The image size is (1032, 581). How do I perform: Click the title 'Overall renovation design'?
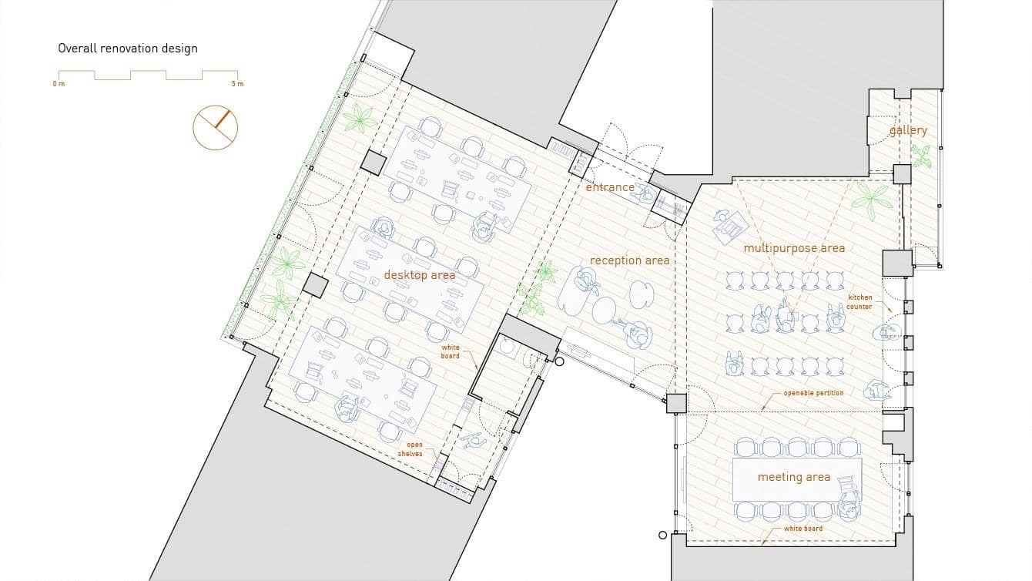pyautogui.click(x=128, y=49)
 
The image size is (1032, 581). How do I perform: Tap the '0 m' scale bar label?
pyautogui.click(x=59, y=84)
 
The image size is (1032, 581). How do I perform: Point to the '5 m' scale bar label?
pyautogui.click(x=238, y=84)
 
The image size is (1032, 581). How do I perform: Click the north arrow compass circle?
pyautogui.click(x=215, y=128)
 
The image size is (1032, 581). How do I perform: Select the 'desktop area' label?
pyautogui.click(x=419, y=275)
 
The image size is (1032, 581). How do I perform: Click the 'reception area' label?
pyautogui.click(x=630, y=260)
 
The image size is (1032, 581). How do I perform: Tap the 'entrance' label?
pyautogui.click(x=610, y=187)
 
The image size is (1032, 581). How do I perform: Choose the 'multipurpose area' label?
pyautogui.click(x=794, y=249)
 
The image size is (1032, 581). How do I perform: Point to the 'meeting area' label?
pyautogui.click(x=794, y=477)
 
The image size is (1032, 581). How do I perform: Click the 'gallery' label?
pyautogui.click(x=908, y=131)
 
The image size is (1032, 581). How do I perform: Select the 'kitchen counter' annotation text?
pyautogui.click(x=859, y=302)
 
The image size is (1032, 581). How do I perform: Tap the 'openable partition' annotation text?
pyautogui.click(x=813, y=393)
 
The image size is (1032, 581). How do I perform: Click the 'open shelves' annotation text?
pyautogui.click(x=410, y=449)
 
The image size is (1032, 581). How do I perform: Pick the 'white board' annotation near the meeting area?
pyautogui.click(x=803, y=529)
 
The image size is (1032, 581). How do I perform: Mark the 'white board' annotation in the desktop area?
pyautogui.click(x=450, y=351)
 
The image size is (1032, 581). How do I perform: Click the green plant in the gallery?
pyautogui.click(x=921, y=156)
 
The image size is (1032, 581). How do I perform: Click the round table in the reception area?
pyautogui.click(x=604, y=311)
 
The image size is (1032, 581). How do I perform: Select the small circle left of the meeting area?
pyautogui.click(x=662, y=535)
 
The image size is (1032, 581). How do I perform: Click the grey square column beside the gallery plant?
pyautogui.click(x=902, y=174)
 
